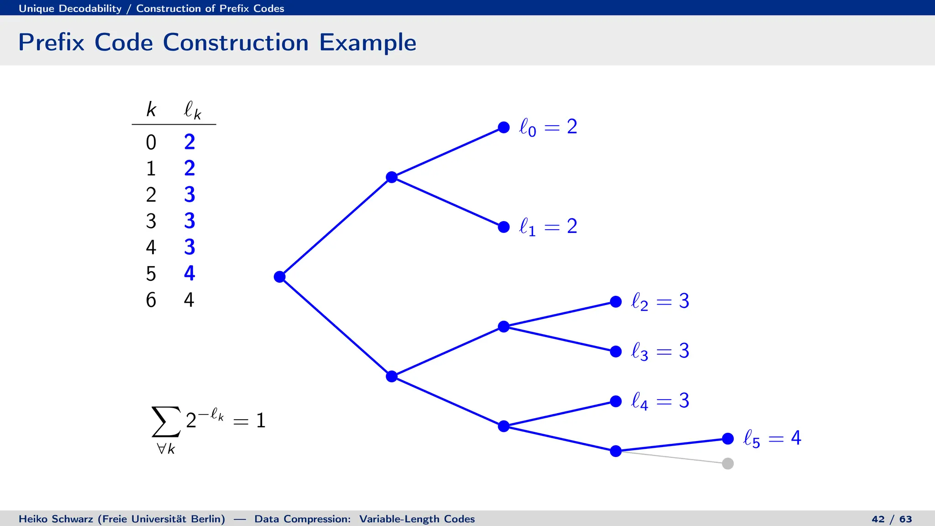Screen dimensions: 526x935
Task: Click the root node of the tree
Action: tap(279, 277)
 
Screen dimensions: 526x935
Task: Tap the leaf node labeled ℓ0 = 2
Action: tap(504, 127)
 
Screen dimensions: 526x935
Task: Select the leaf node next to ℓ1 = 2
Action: tap(504, 227)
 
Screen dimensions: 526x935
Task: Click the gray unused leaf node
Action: tap(728, 463)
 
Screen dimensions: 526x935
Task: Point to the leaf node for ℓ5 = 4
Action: tap(728, 439)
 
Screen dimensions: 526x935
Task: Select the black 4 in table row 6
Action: tap(189, 300)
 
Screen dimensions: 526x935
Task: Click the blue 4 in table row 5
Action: tap(189, 274)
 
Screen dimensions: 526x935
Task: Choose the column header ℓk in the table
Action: tap(192, 110)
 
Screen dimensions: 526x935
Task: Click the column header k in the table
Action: tap(151, 110)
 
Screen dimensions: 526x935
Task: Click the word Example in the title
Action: tap(368, 42)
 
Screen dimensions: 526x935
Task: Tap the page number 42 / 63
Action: tap(891, 519)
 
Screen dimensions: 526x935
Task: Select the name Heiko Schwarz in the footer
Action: tap(56, 519)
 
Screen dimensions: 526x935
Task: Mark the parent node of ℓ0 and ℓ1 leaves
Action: tap(392, 177)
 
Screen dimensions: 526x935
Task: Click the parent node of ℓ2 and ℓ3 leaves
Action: tap(504, 326)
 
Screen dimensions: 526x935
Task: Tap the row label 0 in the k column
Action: tap(151, 142)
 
